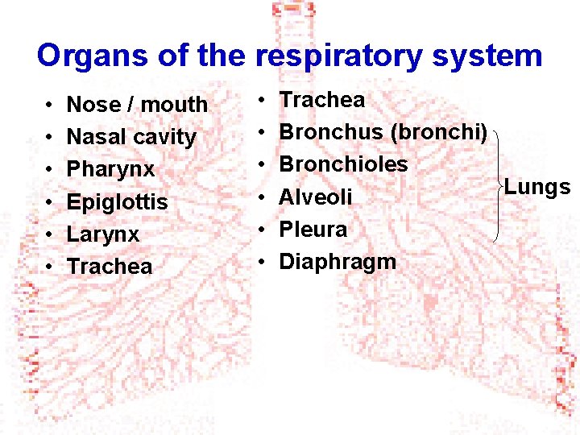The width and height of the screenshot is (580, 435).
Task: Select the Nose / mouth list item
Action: click(137, 105)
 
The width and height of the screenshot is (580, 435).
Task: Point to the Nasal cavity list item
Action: click(131, 137)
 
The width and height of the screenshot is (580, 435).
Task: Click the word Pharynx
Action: click(110, 170)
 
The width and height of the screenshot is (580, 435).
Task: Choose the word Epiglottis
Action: click(117, 202)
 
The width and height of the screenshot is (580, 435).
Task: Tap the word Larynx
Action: click(103, 234)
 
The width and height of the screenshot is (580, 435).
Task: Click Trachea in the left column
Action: click(110, 267)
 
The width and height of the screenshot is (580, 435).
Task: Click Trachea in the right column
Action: click(322, 100)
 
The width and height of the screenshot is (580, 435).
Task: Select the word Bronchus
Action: click(331, 132)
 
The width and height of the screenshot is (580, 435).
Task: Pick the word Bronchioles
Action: click(343, 164)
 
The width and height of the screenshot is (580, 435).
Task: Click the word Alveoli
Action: click(316, 197)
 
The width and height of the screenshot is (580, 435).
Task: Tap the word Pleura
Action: click(313, 230)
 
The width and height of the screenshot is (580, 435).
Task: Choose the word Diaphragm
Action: click(338, 262)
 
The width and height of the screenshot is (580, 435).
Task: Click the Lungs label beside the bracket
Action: click(537, 188)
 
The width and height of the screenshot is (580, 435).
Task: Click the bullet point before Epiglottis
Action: click(49, 202)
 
